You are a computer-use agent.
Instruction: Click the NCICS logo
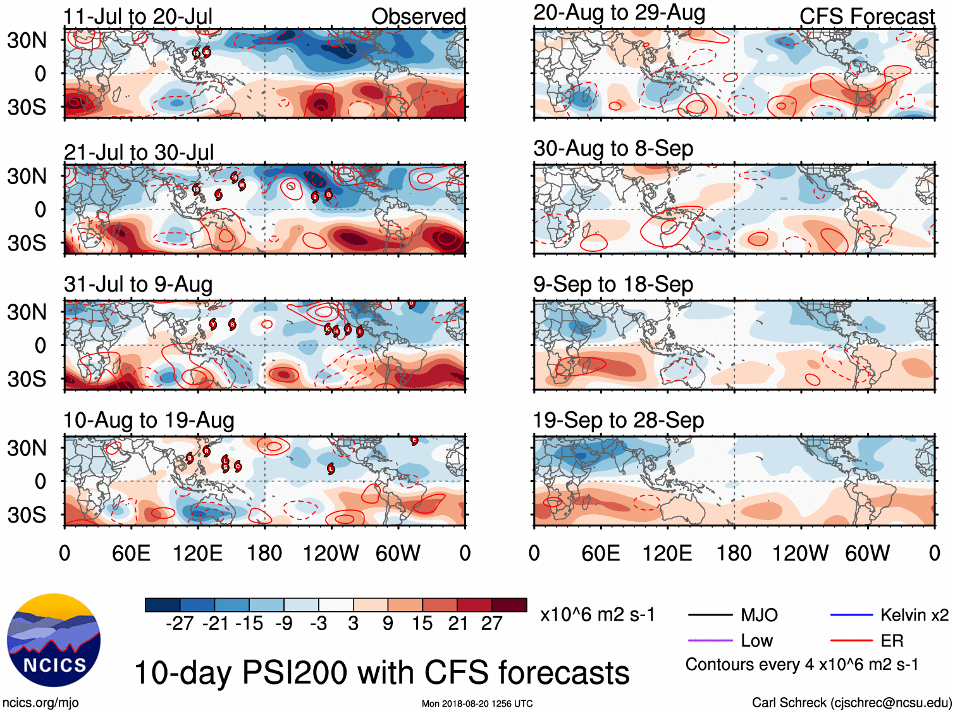point(54,640)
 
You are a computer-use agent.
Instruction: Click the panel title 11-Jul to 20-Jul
point(138,16)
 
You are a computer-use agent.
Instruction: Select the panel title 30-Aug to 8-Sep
point(613,149)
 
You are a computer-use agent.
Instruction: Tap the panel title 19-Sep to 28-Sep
point(618,421)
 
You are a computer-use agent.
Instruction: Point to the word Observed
point(418,16)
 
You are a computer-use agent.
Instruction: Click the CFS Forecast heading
point(866,16)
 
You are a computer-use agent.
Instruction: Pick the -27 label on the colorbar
point(180,624)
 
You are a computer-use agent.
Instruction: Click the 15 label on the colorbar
point(422,624)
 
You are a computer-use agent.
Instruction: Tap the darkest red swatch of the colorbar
point(509,605)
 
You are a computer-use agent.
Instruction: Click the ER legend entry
point(892,641)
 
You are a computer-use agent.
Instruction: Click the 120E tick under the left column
point(197,554)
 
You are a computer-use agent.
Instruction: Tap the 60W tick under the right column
point(867,554)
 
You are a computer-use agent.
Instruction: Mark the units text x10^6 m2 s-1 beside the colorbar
point(597,615)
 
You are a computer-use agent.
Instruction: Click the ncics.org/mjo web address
point(40,702)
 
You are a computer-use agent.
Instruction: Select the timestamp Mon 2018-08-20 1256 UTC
point(477,704)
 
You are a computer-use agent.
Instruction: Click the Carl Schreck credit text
point(851,702)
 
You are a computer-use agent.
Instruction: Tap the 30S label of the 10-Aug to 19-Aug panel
point(27,515)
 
